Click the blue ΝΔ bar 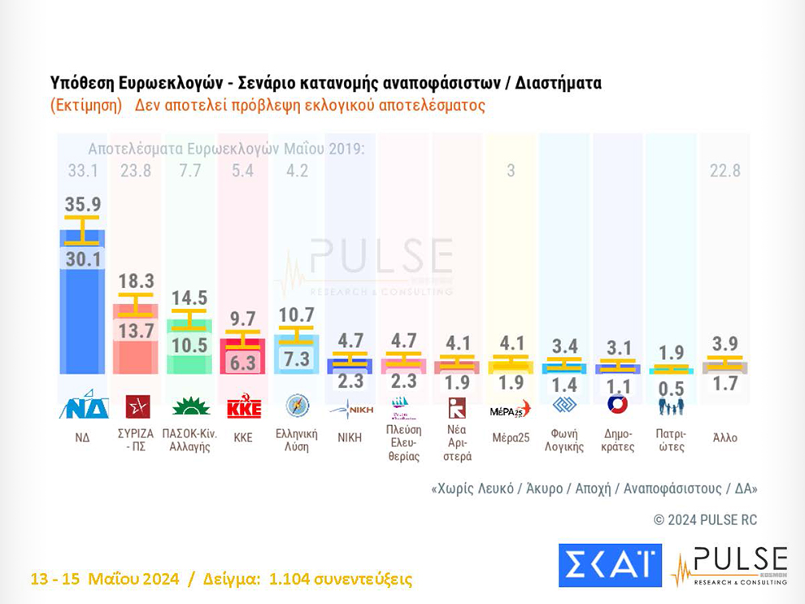tap(82, 309)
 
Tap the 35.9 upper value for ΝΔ tap(82, 205)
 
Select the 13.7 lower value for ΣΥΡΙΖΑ tap(137, 329)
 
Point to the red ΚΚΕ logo tap(243, 406)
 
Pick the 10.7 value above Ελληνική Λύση tap(296, 315)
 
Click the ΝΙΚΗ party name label tap(350, 437)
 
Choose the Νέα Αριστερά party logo tap(457, 407)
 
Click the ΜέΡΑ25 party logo tap(510, 409)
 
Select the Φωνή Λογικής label tap(564, 440)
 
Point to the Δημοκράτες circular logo tap(617, 405)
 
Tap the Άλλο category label tap(724, 437)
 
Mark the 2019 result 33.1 tap(82, 172)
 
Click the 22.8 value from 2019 tap(724, 172)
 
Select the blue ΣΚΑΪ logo tap(610, 565)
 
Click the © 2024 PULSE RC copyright tap(705, 519)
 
